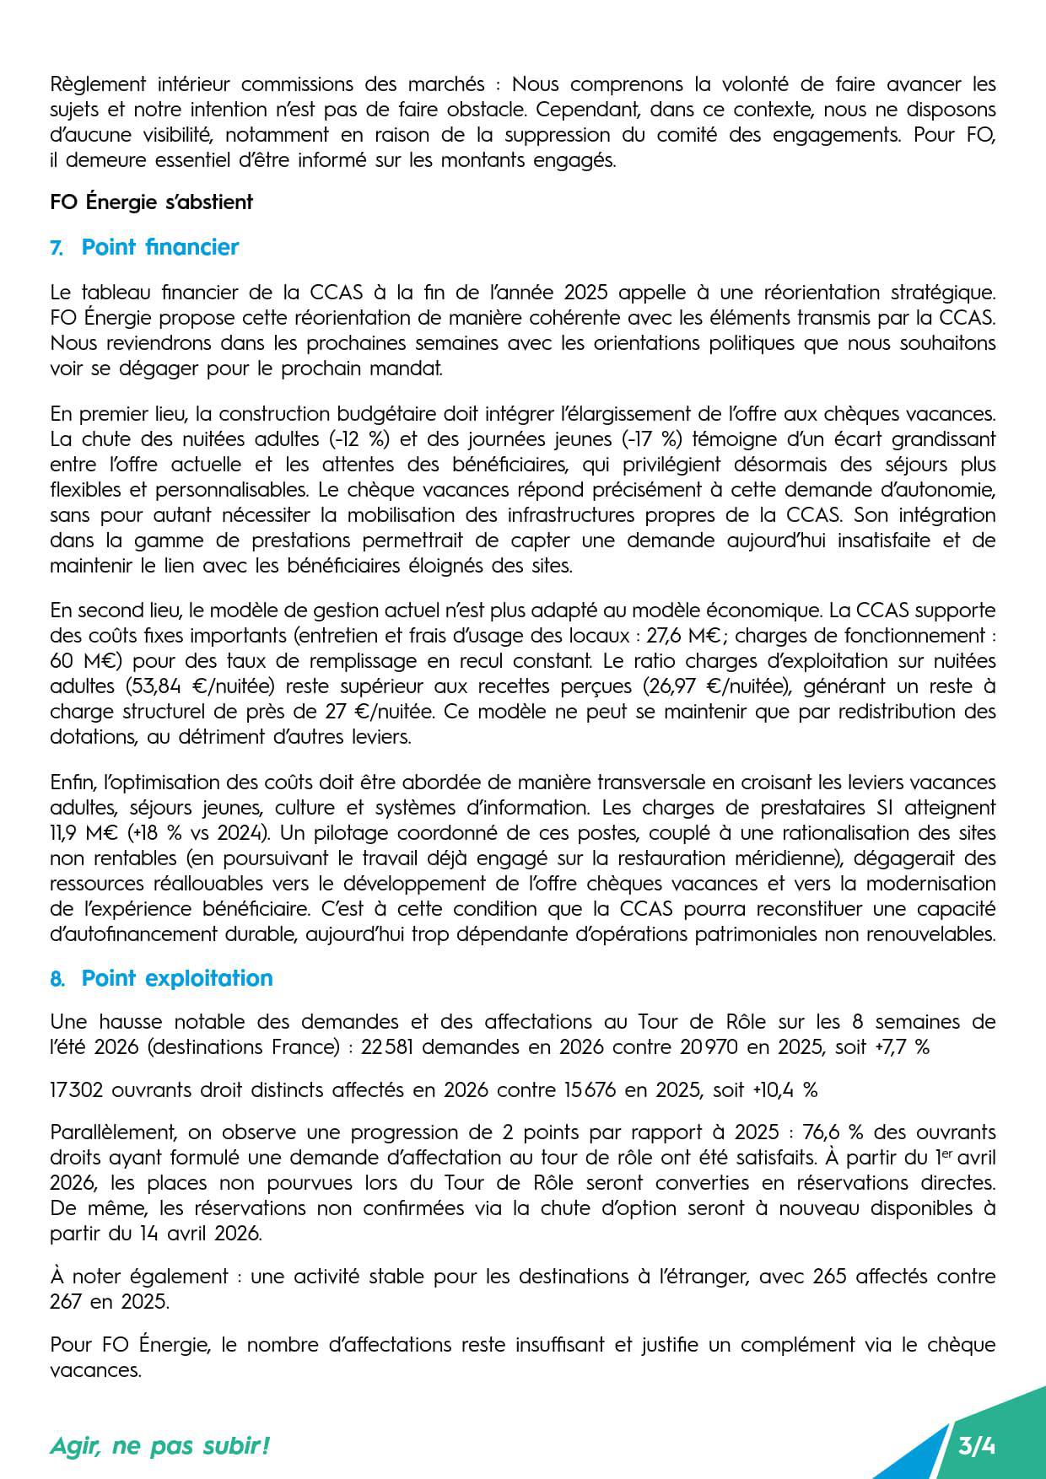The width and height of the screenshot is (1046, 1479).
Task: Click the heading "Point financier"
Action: pyautogui.click(x=160, y=247)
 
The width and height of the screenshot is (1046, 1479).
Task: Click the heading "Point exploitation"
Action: pyautogui.click(x=177, y=978)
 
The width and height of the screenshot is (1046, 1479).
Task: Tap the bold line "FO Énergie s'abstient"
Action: pyautogui.click(x=152, y=202)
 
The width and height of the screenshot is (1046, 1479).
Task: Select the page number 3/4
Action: pyautogui.click(x=977, y=1447)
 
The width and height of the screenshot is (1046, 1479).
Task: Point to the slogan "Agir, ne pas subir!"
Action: pyautogui.click(x=160, y=1447)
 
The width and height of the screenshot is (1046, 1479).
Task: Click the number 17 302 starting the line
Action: pyautogui.click(x=77, y=1089)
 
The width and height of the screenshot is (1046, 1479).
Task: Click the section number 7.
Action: pyautogui.click(x=57, y=248)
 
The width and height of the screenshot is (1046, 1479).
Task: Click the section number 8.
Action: pyautogui.click(x=57, y=979)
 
